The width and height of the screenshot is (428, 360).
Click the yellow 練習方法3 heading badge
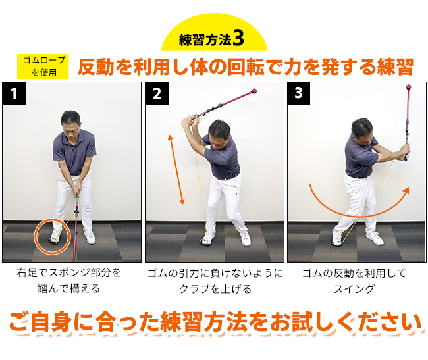pos(213,38)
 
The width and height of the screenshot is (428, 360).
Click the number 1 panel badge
pos(14,94)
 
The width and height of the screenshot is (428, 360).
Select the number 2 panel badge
pos(157,94)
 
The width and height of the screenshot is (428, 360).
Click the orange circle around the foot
pos(52,236)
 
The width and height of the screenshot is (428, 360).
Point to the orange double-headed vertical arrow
pos(176,168)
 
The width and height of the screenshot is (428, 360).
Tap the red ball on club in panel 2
pos(254,91)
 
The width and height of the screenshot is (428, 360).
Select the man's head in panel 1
pos(71,122)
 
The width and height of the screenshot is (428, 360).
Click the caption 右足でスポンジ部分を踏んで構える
pos(70,280)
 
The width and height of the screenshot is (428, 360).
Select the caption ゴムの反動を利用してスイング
pos(355,280)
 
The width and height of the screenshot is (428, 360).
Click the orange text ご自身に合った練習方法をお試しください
pos(215,322)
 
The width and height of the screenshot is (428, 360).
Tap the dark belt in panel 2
pos(227,176)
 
